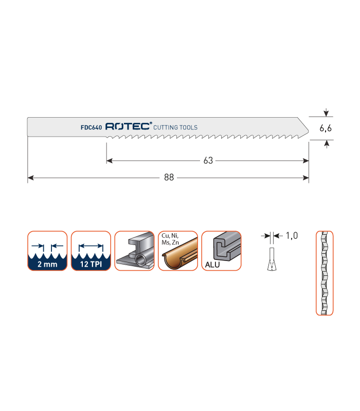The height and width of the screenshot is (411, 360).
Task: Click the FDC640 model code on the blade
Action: pyautogui.click(x=91, y=127)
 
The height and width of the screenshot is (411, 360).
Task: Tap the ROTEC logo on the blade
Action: pyautogui.click(x=128, y=126)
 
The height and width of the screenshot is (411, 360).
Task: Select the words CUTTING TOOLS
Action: pyautogui.click(x=175, y=127)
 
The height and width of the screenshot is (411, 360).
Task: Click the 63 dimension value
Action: pyautogui.click(x=208, y=160)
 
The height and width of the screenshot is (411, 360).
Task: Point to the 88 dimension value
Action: pyautogui.click(x=169, y=177)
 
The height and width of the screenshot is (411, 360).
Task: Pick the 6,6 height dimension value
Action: pyautogui.click(x=326, y=128)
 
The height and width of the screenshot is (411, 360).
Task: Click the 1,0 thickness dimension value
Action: pyautogui.click(x=292, y=236)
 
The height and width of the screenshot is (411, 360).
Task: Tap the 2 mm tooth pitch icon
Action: pyautogui.click(x=47, y=251)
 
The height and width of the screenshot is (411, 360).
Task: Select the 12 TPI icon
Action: pyautogui.click(x=91, y=251)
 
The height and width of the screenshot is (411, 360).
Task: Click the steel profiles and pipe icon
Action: pyautogui.click(x=134, y=251)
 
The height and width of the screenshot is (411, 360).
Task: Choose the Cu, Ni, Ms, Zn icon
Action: pyautogui.click(x=178, y=251)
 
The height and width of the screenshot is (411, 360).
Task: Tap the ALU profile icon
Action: pyautogui.click(x=222, y=251)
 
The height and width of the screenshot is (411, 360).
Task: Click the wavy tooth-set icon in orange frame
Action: pyautogui.click(x=325, y=273)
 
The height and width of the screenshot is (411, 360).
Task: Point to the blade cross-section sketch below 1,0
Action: pyautogui.click(x=272, y=259)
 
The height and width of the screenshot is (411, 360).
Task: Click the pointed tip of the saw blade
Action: pyautogui.click(x=309, y=130)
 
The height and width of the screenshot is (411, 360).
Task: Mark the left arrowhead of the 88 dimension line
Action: pyautogui.click(x=30, y=178)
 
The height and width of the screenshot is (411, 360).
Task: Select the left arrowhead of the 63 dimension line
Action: pyautogui.click(x=110, y=160)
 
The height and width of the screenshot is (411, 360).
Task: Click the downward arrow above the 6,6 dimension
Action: pyautogui.click(x=326, y=113)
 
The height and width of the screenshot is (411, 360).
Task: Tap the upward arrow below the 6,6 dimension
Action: pyautogui.click(x=327, y=144)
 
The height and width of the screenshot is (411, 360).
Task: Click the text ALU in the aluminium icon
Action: pyautogui.click(x=212, y=265)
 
